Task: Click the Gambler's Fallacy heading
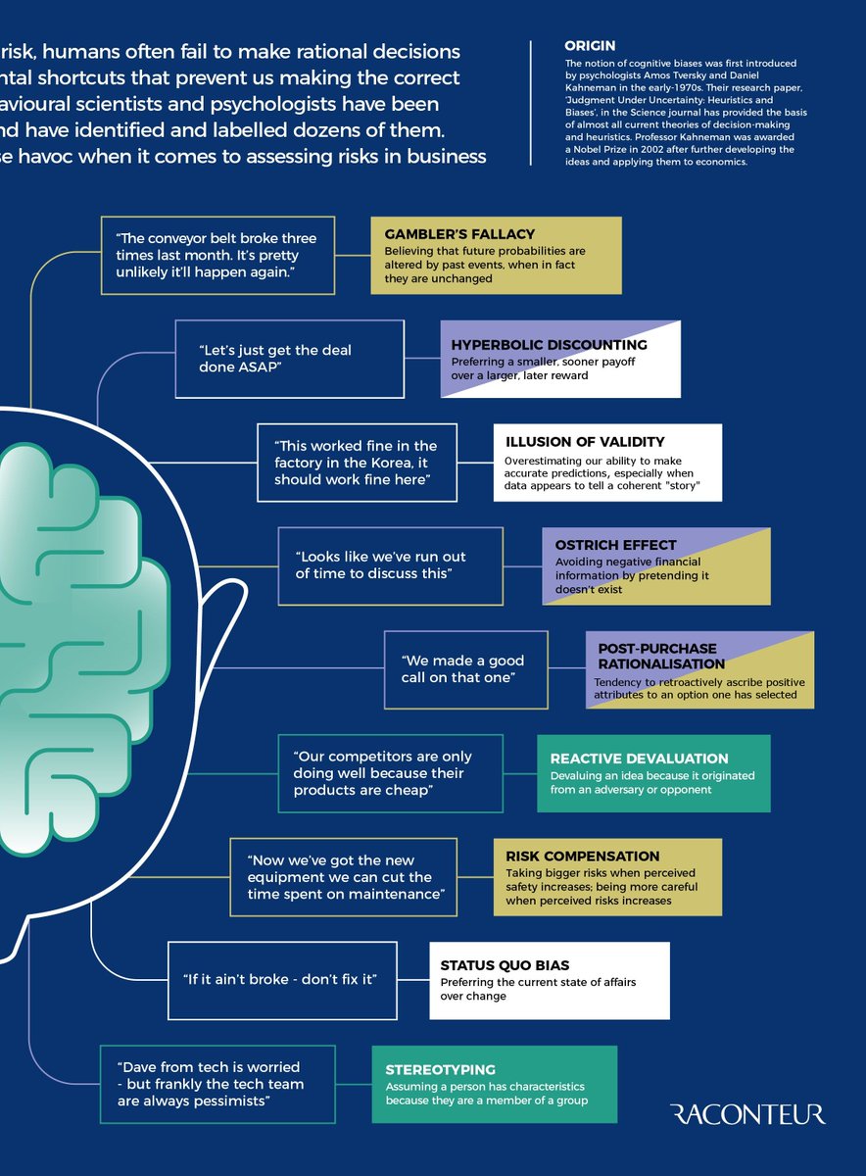(459, 234)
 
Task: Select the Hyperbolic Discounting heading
(549, 345)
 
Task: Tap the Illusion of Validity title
(584, 442)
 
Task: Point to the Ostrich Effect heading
(615, 545)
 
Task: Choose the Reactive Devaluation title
(639, 759)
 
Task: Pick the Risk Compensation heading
(582, 856)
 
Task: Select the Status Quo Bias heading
(505, 965)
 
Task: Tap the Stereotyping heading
(440, 1070)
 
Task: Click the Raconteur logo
(747, 1114)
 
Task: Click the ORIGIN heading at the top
(590, 46)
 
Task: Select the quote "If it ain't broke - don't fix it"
(281, 979)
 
